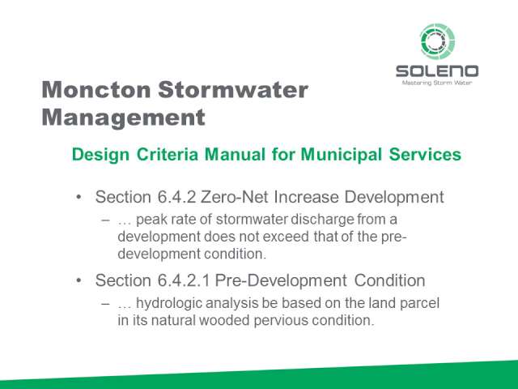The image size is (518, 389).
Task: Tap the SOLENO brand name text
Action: (437, 71)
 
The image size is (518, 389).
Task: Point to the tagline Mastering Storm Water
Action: (437, 83)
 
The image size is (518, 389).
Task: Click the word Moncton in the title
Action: (96, 90)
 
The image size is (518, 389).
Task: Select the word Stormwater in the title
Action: (233, 90)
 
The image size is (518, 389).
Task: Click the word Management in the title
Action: (124, 118)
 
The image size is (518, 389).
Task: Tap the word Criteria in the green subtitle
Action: (168, 155)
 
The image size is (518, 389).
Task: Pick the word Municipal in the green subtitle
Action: (342, 155)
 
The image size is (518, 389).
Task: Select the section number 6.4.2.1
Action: (184, 280)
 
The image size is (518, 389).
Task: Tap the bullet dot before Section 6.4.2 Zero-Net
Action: (79, 198)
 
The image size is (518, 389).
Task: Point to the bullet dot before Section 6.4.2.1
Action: (79, 281)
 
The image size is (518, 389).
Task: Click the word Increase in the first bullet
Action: (306, 197)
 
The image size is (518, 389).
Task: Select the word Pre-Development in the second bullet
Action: (281, 281)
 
